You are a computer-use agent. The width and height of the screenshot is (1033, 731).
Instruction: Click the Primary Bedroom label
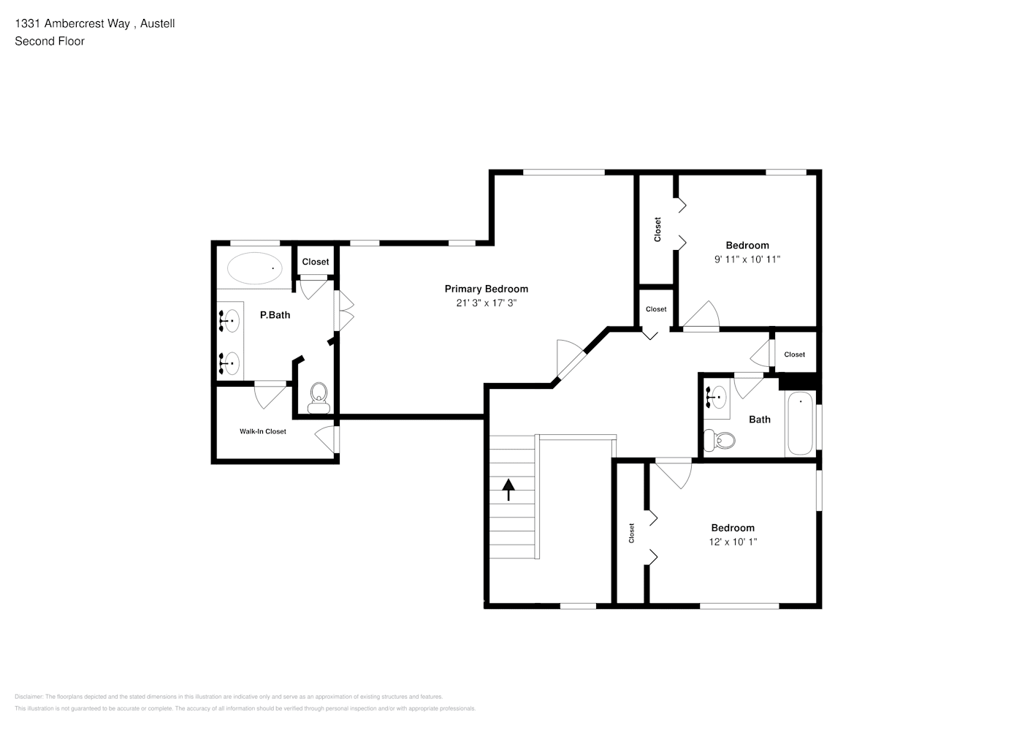pyautogui.click(x=486, y=289)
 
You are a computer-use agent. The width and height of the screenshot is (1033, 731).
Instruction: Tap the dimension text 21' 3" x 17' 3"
pyautogui.click(x=486, y=303)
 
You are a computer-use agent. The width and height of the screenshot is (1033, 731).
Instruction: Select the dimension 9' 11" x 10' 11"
pyautogui.click(x=747, y=259)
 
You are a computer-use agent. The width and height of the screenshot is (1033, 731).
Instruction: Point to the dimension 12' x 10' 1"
pyautogui.click(x=732, y=542)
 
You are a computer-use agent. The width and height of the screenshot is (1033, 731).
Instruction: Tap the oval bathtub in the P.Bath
pyautogui.click(x=254, y=268)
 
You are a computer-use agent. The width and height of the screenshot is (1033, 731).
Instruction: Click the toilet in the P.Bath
pyautogui.click(x=319, y=398)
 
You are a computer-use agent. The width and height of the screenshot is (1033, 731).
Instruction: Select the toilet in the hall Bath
pyautogui.click(x=719, y=440)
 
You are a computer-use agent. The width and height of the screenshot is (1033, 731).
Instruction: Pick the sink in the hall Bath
pyautogui.click(x=717, y=398)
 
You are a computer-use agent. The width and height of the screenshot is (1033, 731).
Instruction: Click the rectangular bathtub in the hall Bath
pyautogui.click(x=801, y=424)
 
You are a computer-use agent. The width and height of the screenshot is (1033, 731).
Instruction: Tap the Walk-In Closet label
pyautogui.click(x=262, y=431)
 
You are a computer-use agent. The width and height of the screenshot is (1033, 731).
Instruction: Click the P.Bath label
pyautogui.click(x=275, y=315)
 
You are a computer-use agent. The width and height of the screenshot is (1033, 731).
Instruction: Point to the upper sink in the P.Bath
pyautogui.click(x=230, y=320)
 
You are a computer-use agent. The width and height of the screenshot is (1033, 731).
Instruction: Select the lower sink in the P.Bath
pyautogui.click(x=230, y=361)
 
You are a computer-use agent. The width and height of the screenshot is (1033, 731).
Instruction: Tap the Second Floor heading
pyautogui.click(x=49, y=41)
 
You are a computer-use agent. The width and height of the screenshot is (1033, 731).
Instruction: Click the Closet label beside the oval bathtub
pyautogui.click(x=315, y=262)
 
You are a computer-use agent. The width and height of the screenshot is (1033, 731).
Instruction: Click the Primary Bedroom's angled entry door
pyautogui.click(x=569, y=361)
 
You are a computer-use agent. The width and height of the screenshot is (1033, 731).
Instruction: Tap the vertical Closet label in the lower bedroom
pyautogui.click(x=631, y=533)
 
